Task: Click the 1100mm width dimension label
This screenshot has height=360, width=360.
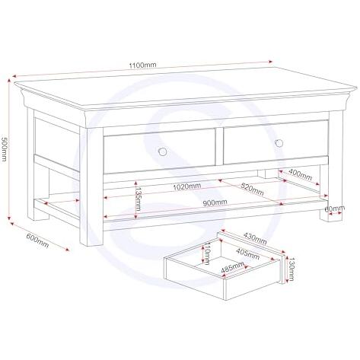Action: (142, 65)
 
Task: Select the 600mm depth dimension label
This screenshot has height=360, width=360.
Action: (37, 241)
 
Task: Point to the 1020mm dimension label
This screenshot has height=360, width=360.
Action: (187, 186)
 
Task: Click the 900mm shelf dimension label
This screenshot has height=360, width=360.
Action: (215, 202)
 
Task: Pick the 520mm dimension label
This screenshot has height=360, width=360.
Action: (252, 189)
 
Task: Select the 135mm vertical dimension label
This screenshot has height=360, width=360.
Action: (138, 199)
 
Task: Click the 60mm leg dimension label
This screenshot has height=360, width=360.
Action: (335, 209)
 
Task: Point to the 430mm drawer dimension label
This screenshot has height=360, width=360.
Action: (255, 238)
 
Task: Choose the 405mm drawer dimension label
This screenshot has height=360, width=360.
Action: (247, 254)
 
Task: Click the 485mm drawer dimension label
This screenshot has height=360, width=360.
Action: (232, 267)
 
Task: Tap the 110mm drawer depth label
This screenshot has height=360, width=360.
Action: (207, 253)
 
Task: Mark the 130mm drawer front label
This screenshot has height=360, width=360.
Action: (291, 269)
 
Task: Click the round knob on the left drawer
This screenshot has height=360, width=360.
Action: (162, 151)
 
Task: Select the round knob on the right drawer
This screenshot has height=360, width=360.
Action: (279, 143)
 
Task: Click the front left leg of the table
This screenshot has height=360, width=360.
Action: (91, 186)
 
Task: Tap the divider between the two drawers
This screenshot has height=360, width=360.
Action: (219, 146)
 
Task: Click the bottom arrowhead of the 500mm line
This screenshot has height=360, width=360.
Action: (9, 217)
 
